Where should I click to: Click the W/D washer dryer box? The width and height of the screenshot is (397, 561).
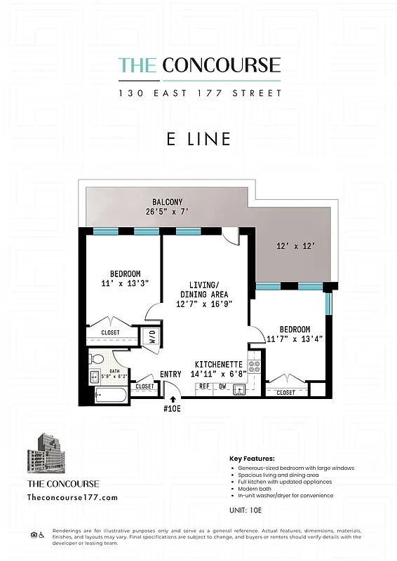(152, 337)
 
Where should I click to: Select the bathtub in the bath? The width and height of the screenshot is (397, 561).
(111, 396)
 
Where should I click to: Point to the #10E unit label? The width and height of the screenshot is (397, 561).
(173, 409)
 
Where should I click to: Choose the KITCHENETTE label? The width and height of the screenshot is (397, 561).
(219, 365)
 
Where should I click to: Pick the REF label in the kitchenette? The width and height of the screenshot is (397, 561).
(205, 386)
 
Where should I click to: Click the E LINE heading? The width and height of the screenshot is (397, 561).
(198, 139)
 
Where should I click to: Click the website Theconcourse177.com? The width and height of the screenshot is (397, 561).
(72, 497)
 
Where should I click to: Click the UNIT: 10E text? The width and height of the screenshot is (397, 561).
(245, 510)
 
